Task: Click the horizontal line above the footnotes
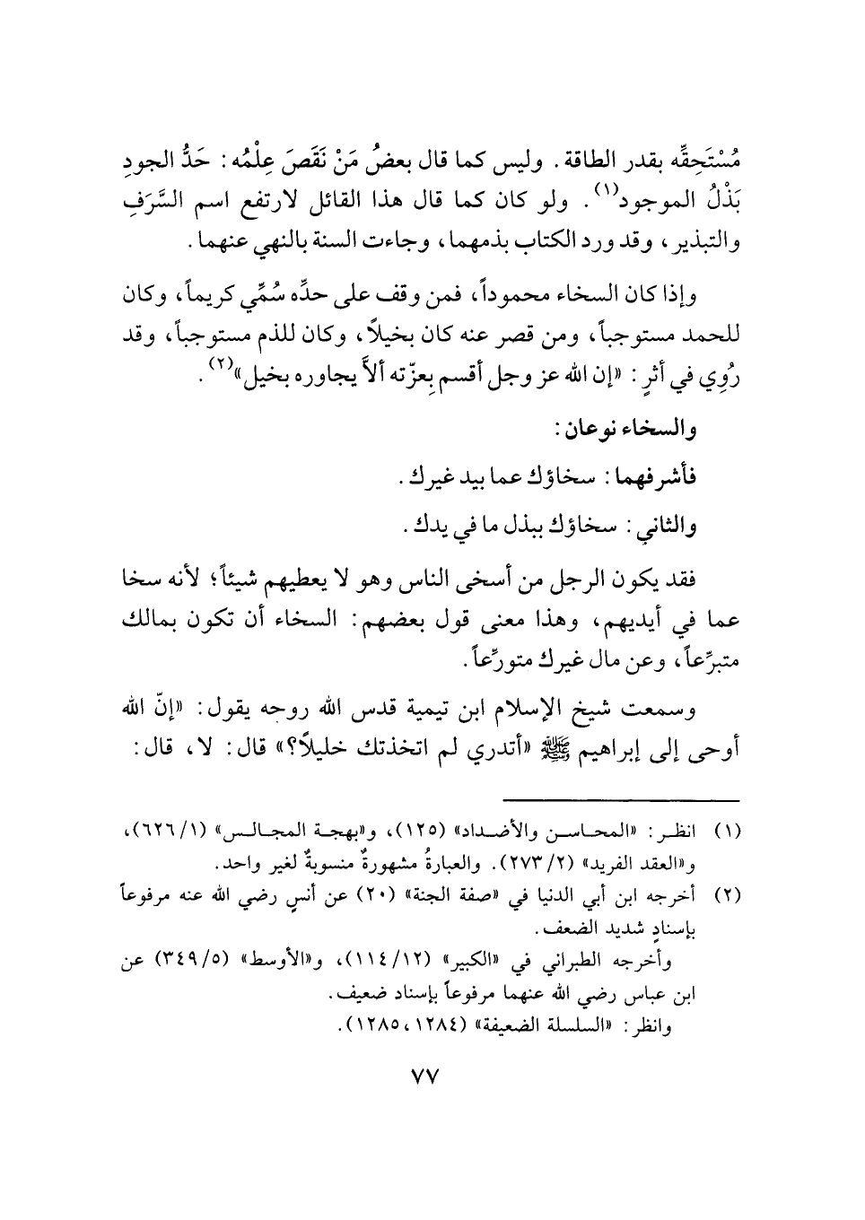coord(618,798)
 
